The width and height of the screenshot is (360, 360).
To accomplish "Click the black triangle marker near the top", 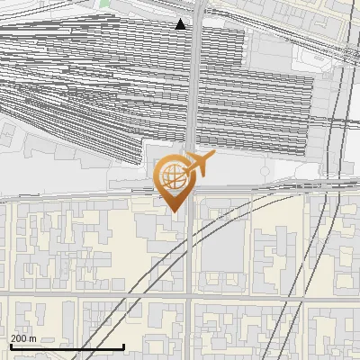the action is coord(181,24).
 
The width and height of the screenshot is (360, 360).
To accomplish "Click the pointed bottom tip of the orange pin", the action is coord(174,211).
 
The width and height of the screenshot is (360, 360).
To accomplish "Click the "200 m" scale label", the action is coord(24,338).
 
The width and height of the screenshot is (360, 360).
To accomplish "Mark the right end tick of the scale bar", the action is coord(123,346).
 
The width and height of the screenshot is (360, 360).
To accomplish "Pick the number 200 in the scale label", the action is coord(19,338).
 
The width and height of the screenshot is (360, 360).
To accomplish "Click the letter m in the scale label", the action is coord(34,338).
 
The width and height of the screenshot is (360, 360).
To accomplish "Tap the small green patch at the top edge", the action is coord(104,3).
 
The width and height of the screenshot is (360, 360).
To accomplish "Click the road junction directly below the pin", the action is coord(187,294).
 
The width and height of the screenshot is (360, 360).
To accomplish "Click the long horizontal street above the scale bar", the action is coord(90,294).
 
